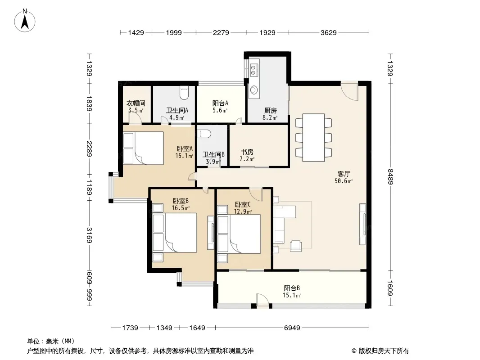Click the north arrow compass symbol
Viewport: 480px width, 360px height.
[25, 21]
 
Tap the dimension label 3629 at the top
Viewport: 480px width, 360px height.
[328, 32]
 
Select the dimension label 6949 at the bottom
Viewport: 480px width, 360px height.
[292, 328]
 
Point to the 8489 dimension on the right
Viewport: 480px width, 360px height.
[390, 176]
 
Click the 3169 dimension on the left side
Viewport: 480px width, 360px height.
[90, 235]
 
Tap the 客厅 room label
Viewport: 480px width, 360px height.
[344, 174]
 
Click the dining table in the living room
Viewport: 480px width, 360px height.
[314, 138]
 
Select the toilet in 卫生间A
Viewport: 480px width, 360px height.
[184, 93]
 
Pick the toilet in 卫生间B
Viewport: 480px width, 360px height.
[204, 134]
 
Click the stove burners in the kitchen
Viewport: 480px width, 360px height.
[254, 70]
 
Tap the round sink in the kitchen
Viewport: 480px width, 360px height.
[254, 90]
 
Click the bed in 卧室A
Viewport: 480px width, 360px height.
[144, 148]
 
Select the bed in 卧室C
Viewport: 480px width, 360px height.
[239, 234]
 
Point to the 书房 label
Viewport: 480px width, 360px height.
[247, 152]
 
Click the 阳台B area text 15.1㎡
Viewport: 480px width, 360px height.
[292, 295]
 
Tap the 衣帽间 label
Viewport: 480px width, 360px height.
[136, 103]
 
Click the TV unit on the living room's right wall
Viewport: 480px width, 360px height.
[363, 224]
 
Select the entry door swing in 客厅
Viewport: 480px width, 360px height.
[349, 91]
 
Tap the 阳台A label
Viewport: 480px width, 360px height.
[220, 103]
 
